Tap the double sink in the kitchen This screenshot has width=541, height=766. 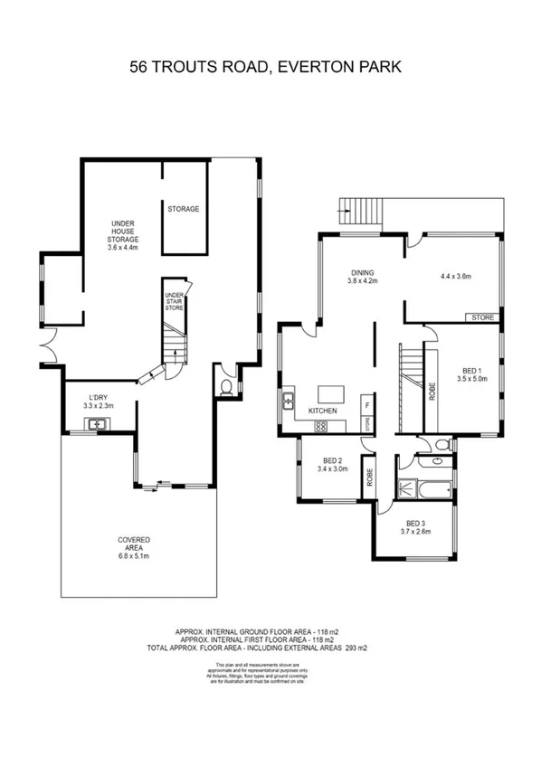pos(289,399)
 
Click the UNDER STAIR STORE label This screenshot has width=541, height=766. pos(174,302)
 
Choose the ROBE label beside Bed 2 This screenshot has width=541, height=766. pos(371,477)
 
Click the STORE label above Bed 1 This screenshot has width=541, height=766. pos(481,317)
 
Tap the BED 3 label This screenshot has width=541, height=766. pos(415,524)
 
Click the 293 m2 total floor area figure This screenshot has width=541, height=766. pos(355,648)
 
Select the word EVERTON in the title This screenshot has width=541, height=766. pos(314,67)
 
